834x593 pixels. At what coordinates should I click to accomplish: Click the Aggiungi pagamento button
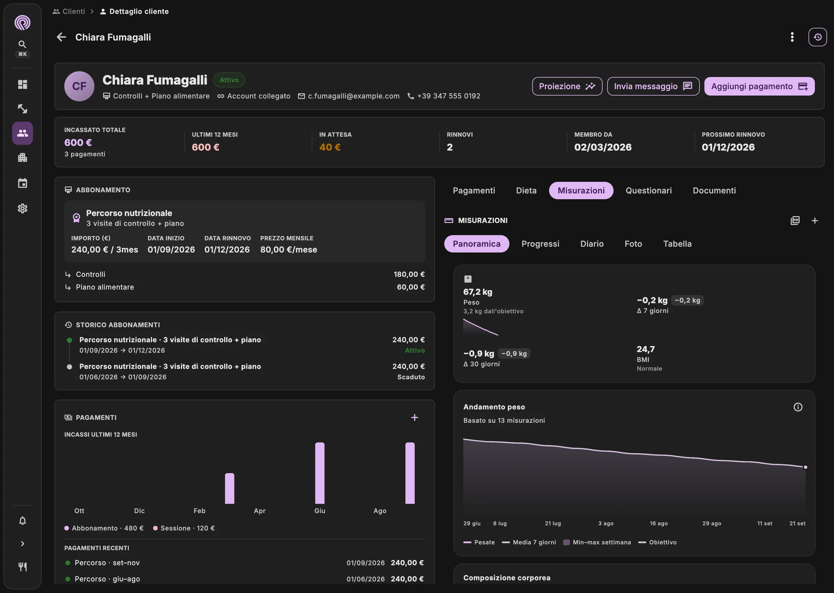(x=759, y=86)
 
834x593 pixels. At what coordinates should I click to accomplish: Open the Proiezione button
(x=567, y=86)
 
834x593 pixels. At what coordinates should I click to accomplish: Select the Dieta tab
(x=526, y=191)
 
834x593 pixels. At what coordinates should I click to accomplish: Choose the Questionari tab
(x=649, y=191)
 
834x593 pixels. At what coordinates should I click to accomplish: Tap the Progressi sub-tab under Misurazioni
(x=540, y=244)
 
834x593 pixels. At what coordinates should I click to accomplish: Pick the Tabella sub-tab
(x=677, y=244)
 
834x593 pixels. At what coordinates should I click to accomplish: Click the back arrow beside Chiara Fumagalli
(x=61, y=37)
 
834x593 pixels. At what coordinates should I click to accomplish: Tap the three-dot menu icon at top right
(x=792, y=37)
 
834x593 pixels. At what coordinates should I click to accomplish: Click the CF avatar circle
(x=79, y=86)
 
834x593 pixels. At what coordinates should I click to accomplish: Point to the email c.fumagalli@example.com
(x=354, y=96)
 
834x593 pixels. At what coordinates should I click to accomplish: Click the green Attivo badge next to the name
(x=229, y=80)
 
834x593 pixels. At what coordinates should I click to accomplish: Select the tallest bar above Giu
(x=320, y=473)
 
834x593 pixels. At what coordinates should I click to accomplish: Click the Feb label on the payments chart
(x=199, y=511)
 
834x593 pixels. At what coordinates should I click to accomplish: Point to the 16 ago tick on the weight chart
(x=659, y=523)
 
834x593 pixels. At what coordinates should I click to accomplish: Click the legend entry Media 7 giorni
(x=529, y=542)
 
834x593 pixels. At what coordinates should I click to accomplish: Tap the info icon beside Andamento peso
(x=798, y=407)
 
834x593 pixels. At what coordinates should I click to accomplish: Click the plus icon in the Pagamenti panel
(x=414, y=417)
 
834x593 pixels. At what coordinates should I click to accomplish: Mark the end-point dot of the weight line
(x=805, y=467)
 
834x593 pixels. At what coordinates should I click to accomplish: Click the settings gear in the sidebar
(x=23, y=209)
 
